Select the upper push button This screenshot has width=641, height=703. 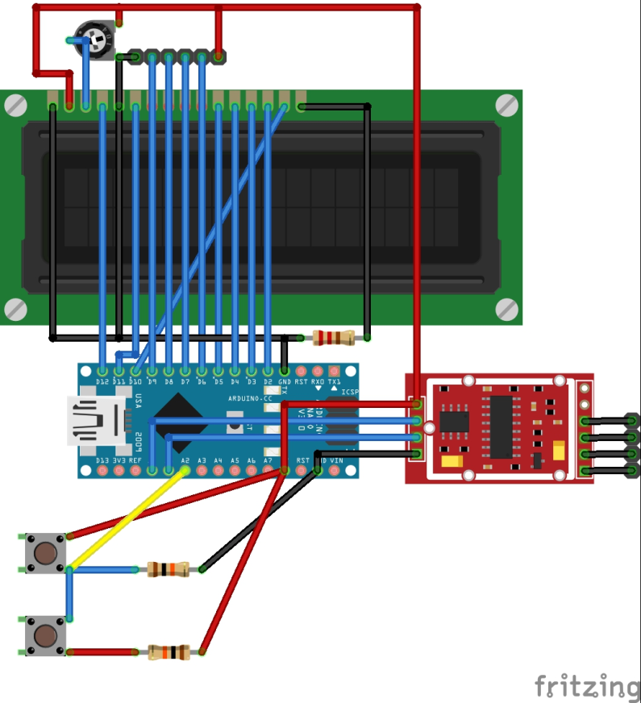45,553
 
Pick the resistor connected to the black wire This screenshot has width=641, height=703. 169,569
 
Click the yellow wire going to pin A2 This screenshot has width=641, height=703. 129,519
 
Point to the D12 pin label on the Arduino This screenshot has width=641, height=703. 102,381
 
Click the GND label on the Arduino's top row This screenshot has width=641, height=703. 284,381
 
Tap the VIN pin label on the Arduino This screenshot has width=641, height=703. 335,460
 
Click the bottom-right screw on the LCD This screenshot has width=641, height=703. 506,308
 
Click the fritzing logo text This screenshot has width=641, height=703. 587,686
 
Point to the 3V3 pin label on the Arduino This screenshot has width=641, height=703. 119,460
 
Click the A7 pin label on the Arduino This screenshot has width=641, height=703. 268,460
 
